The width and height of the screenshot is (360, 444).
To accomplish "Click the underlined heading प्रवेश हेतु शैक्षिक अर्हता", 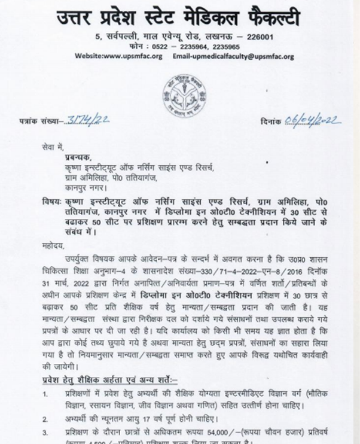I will click(90, 378).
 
